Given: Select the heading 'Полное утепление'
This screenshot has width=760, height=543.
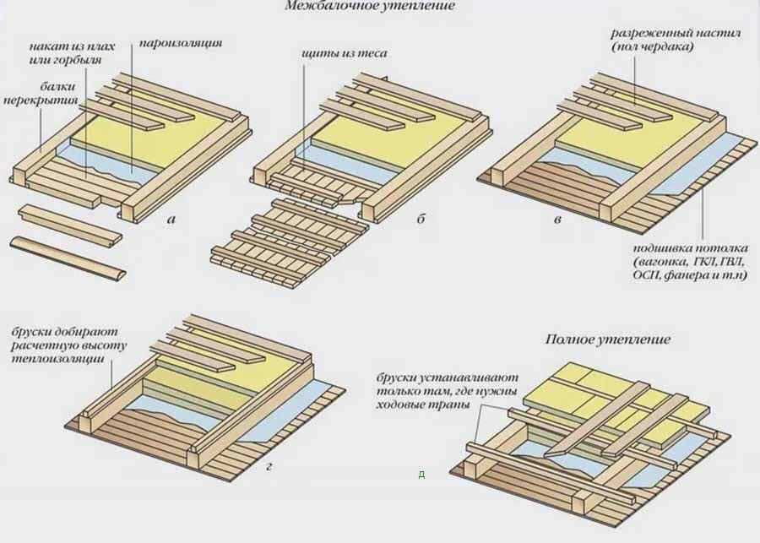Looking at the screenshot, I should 607,339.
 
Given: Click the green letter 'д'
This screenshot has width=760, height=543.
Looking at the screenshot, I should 421,474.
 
